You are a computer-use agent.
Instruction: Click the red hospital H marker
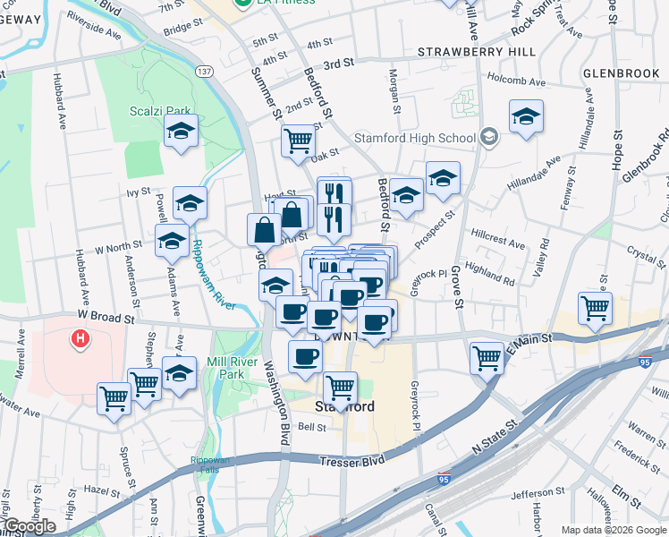pos(80,339)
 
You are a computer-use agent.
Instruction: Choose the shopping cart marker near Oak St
pos(299,139)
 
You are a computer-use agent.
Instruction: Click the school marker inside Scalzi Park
pos(181,132)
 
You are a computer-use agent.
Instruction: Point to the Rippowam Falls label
pos(209,464)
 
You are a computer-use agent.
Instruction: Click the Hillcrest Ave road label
pos(497,243)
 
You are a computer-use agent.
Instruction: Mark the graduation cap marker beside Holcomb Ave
pos(526,116)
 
